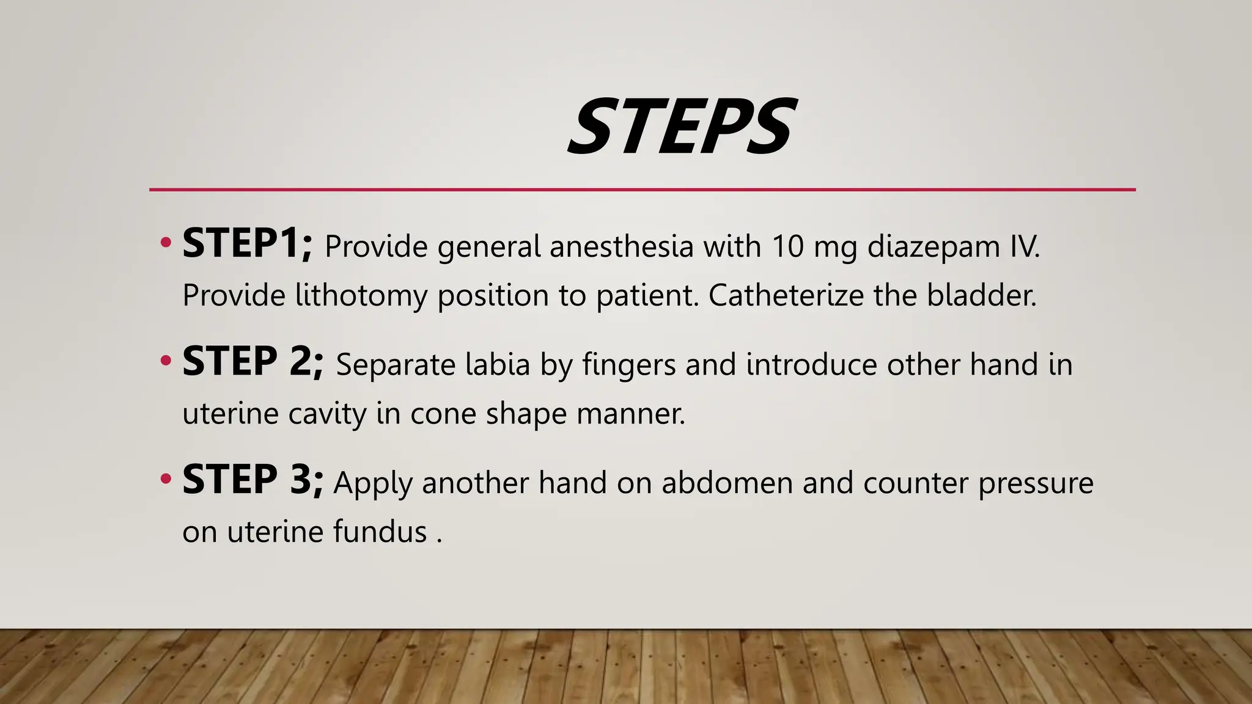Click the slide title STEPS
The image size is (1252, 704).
point(682,127)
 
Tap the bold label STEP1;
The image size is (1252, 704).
point(247,244)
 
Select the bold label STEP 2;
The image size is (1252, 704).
point(252,362)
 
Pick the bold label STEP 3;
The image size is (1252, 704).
point(252,480)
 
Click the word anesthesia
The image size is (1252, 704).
point(621,246)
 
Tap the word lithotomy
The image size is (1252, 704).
point(361,296)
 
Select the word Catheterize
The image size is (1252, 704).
point(786,295)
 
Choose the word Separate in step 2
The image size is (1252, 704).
point(396,365)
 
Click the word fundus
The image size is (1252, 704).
point(380,531)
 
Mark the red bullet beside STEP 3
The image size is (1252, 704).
point(165,479)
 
